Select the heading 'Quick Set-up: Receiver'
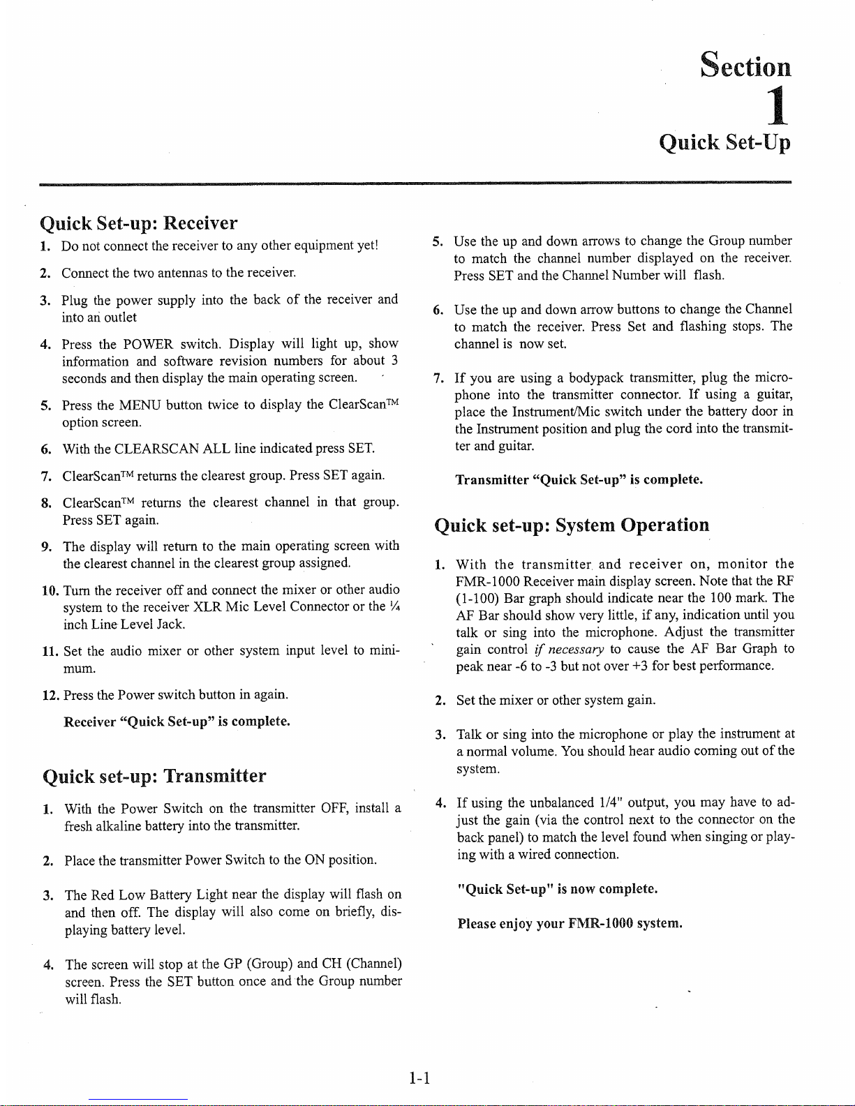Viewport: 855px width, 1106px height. click(x=139, y=223)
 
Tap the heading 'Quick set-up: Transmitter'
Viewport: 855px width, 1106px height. click(x=154, y=776)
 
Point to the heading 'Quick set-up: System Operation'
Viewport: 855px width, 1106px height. click(x=572, y=525)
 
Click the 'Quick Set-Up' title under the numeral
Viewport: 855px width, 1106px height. click(x=725, y=143)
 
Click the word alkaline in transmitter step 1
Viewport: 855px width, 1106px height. click(x=112, y=826)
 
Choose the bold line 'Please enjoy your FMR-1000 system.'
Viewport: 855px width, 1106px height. click(x=570, y=923)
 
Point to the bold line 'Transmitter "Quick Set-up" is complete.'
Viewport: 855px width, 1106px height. click(x=579, y=479)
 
